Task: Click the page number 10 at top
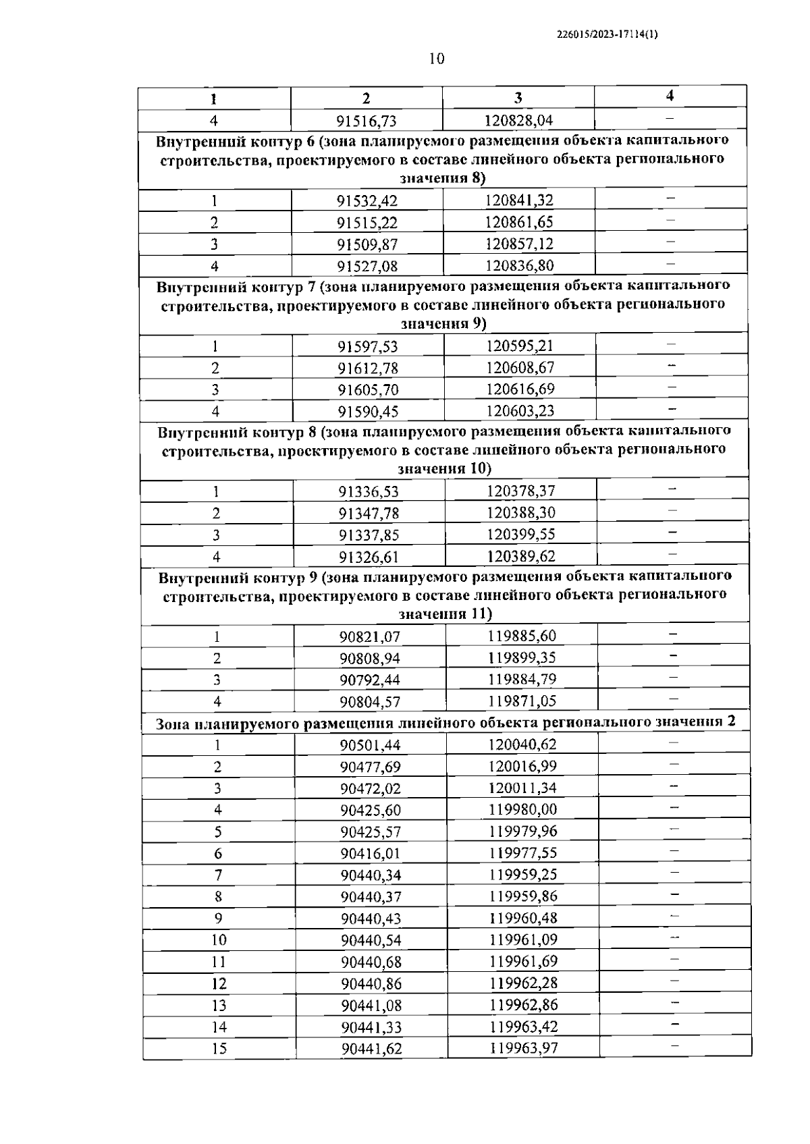tap(437, 59)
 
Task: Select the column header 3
tap(518, 98)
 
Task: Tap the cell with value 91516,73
tap(367, 121)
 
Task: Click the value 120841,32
tap(518, 200)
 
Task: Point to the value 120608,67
tap(520, 367)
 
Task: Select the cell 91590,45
tap(369, 411)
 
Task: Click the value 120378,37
tap(520, 491)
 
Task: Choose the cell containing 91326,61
tap(369, 557)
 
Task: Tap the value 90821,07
tap(370, 636)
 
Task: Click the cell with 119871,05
tap(522, 701)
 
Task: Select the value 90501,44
tap(371, 744)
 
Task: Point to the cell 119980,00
tap(522, 809)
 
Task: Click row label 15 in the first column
tap(219, 1048)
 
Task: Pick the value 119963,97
tap(524, 1048)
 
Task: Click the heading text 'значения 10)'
tap(445, 468)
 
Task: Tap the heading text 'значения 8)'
tap(443, 178)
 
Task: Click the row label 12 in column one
tap(219, 983)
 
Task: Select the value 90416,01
tap(371, 853)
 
